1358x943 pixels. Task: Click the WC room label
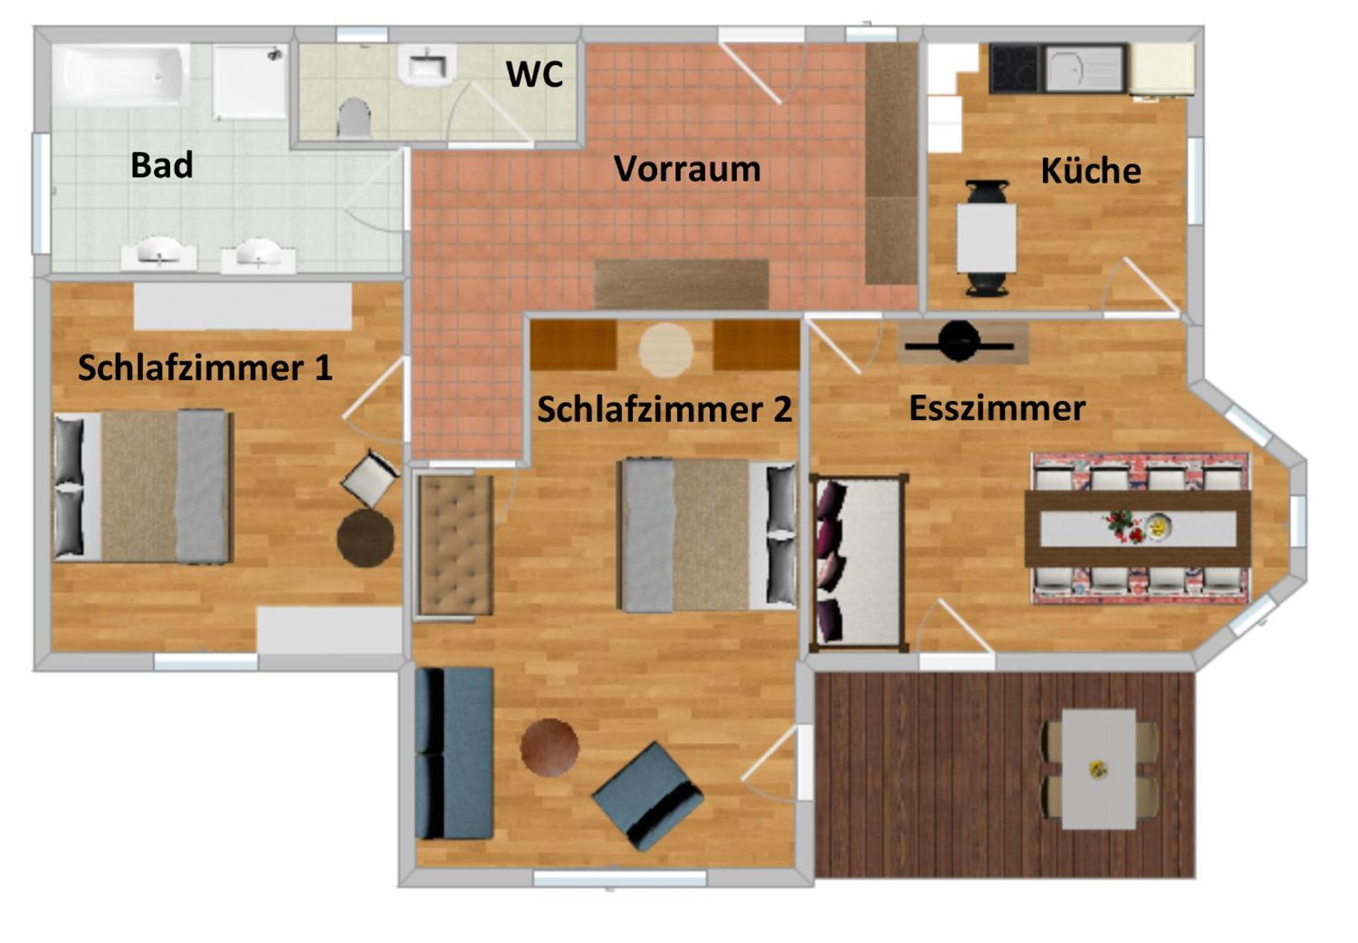534,74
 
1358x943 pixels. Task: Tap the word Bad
162,165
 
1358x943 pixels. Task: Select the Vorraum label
687,169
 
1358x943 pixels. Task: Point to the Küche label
1090,171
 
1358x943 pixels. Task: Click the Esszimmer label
997,408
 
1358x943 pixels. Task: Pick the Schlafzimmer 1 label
205,368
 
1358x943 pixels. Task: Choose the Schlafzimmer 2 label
664,409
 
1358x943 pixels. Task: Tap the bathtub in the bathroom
121,75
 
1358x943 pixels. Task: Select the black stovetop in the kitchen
1016,68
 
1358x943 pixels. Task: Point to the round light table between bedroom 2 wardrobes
665,350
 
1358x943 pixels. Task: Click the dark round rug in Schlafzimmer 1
366,538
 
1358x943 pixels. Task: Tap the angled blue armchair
647,797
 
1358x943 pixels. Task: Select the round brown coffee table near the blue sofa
550,747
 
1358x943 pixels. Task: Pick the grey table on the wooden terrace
1098,769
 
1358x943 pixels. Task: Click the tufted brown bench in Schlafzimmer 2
455,545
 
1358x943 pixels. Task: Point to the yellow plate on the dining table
1157,527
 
